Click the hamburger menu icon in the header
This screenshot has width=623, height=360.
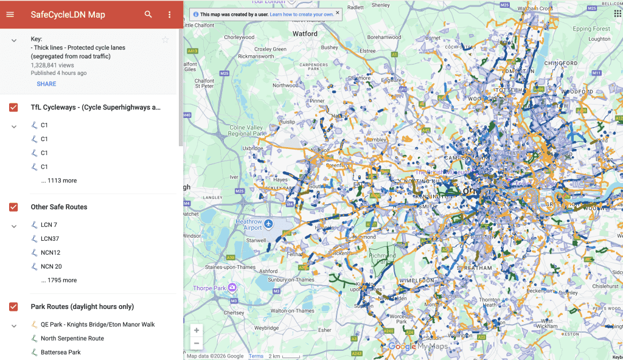coord(10,15)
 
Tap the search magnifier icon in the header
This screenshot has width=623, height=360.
coord(148,15)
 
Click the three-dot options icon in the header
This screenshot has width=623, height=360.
coord(169,15)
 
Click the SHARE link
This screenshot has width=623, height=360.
coord(46,84)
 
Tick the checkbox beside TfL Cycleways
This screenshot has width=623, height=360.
coord(13,108)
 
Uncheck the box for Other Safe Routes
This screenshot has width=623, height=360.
coord(13,207)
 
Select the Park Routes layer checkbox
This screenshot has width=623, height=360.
coord(13,306)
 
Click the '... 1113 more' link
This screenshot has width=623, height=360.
coord(59,181)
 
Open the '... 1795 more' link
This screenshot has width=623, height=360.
coord(59,280)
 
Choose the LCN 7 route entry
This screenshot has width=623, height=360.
coord(49,225)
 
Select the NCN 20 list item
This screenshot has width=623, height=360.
coord(51,266)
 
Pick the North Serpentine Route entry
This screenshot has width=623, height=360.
coord(72,338)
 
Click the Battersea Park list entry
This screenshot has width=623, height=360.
coord(60,352)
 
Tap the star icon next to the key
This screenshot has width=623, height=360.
coord(165,40)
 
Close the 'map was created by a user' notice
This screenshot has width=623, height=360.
coord(338,12)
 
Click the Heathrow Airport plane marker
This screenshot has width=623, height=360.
coord(268,224)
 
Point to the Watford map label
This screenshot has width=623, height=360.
coord(305,34)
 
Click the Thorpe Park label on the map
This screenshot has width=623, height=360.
coord(210,288)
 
